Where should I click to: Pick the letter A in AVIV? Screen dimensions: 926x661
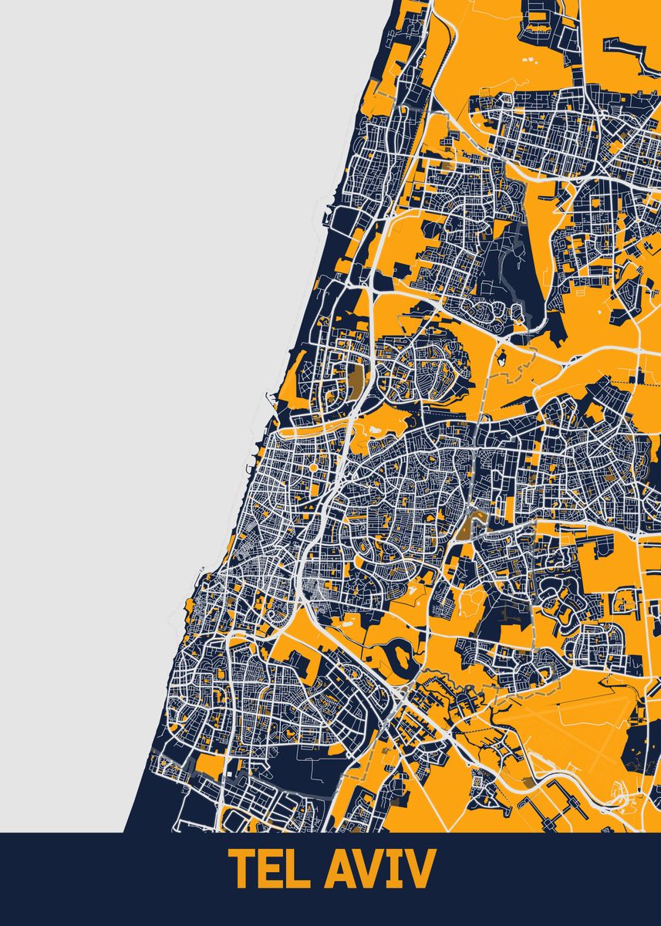pyautogui.click(x=338, y=870)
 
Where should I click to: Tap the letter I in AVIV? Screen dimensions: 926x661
pyautogui.click(x=396, y=870)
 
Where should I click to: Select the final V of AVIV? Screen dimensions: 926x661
pyautogui.click(x=420, y=870)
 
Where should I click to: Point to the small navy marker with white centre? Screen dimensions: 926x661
pyautogui.click(x=503, y=358)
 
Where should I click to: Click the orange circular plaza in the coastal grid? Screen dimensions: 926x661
pyautogui.click(x=315, y=467)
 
